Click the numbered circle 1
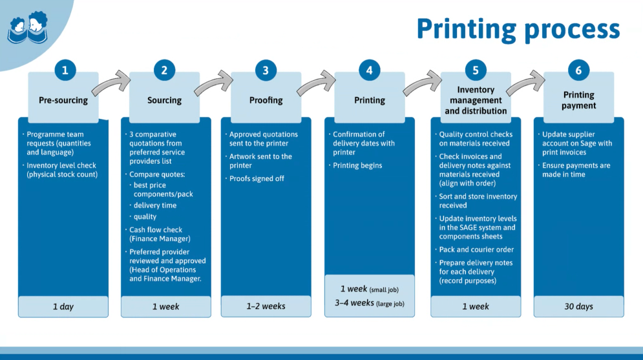[x=65, y=70]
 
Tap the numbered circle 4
[x=369, y=70]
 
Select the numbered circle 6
[x=578, y=70]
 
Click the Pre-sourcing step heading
[x=63, y=100]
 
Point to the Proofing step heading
[x=266, y=100]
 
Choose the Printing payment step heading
[x=578, y=100]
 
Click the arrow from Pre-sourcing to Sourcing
[x=111, y=83]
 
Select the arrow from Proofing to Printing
[x=315, y=83]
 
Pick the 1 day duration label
[x=63, y=306]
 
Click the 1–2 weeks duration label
[x=266, y=306]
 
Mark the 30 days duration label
[x=578, y=306]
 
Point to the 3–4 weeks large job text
[x=370, y=302]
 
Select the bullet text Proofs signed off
[x=257, y=178]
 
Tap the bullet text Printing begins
[x=357, y=165]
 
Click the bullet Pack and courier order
[x=476, y=249]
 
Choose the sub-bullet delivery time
[x=155, y=206]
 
